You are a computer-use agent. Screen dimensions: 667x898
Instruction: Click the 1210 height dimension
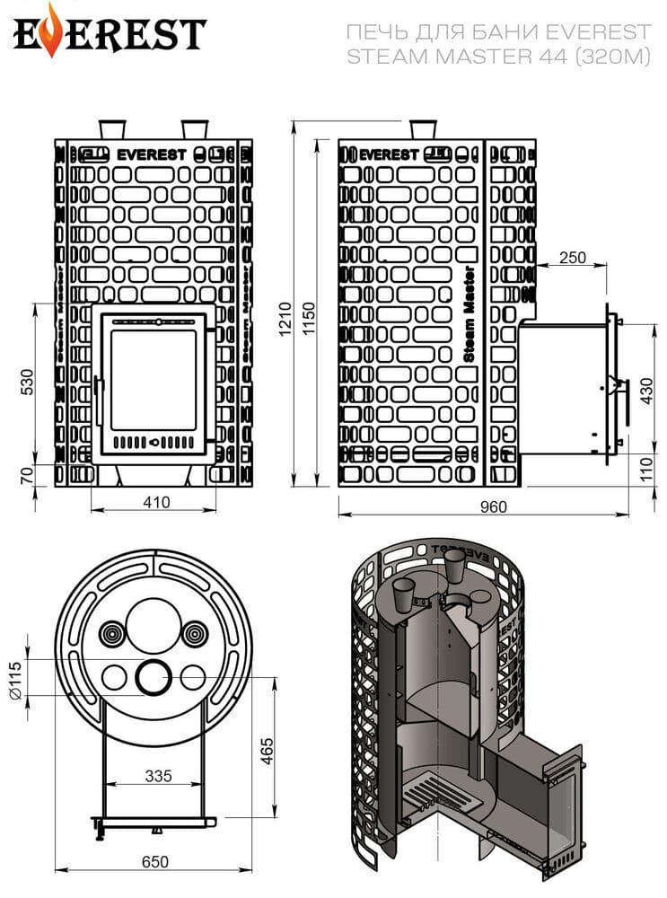(x=285, y=319)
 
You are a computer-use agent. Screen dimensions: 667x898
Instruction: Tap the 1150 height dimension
(x=308, y=319)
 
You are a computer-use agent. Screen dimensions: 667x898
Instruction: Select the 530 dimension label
(x=27, y=382)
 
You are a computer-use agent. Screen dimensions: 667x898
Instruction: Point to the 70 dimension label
(x=27, y=475)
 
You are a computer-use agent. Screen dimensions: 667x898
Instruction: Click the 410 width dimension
(x=155, y=502)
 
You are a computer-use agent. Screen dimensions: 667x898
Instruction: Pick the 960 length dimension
(x=494, y=506)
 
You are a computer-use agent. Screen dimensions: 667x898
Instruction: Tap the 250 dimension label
(x=573, y=257)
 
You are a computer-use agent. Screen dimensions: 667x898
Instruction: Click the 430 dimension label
(x=646, y=391)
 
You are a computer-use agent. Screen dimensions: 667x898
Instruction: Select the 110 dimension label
(x=646, y=470)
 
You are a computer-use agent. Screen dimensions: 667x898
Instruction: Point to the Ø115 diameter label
(x=15, y=681)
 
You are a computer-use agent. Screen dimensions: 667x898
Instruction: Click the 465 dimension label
(x=267, y=752)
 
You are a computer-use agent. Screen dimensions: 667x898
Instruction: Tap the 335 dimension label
(x=159, y=776)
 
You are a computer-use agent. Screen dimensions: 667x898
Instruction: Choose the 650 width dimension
(x=154, y=862)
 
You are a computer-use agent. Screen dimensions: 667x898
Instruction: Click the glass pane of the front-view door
(x=154, y=379)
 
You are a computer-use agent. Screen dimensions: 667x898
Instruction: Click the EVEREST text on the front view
(x=152, y=155)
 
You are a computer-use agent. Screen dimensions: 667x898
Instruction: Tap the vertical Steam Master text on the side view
(x=469, y=313)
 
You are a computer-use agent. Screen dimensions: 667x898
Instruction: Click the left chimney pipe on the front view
(x=112, y=129)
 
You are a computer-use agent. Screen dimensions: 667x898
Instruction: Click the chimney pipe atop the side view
(x=423, y=129)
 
